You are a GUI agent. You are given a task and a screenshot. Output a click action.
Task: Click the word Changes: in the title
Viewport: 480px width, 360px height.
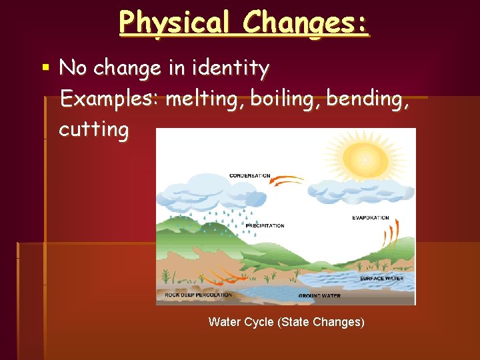click(x=305, y=22)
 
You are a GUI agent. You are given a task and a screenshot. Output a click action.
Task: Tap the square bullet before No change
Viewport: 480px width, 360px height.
click(x=45, y=67)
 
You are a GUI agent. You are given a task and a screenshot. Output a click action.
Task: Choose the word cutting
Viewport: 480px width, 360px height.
click(x=93, y=129)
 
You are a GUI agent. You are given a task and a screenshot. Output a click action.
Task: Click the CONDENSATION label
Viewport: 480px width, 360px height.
click(x=250, y=176)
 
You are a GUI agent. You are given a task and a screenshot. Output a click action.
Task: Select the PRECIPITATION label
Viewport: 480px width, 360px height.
click(x=265, y=226)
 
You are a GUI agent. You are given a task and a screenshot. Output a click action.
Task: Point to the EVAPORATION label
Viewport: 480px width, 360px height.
click(x=370, y=218)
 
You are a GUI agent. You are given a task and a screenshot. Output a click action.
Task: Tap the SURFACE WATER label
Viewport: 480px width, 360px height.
click(x=381, y=279)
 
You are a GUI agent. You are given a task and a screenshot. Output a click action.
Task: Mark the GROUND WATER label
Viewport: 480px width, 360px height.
click(x=319, y=295)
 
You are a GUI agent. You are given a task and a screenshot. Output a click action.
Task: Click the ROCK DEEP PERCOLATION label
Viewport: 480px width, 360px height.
click(x=198, y=295)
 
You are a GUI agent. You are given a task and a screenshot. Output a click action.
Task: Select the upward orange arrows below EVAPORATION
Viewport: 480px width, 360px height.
click(x=390, y=235)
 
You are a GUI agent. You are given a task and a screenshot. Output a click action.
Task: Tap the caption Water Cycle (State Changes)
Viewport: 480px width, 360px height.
click(x=287, y=322)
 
